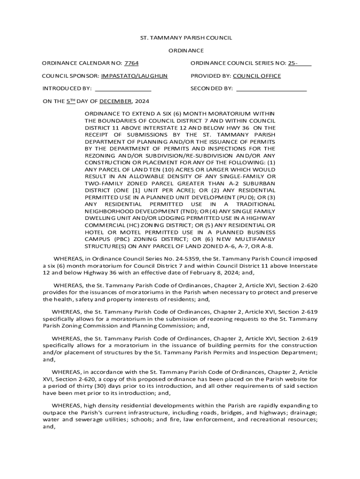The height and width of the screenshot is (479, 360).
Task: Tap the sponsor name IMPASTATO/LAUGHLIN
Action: pos(134,75)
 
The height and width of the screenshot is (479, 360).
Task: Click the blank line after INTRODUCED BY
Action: pos(123,88)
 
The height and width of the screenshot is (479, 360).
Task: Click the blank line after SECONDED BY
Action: pos(271,88)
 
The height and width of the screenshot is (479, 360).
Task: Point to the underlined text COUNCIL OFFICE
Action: pos(257,75)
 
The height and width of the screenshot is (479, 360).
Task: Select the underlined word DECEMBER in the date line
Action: pos(115,101)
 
